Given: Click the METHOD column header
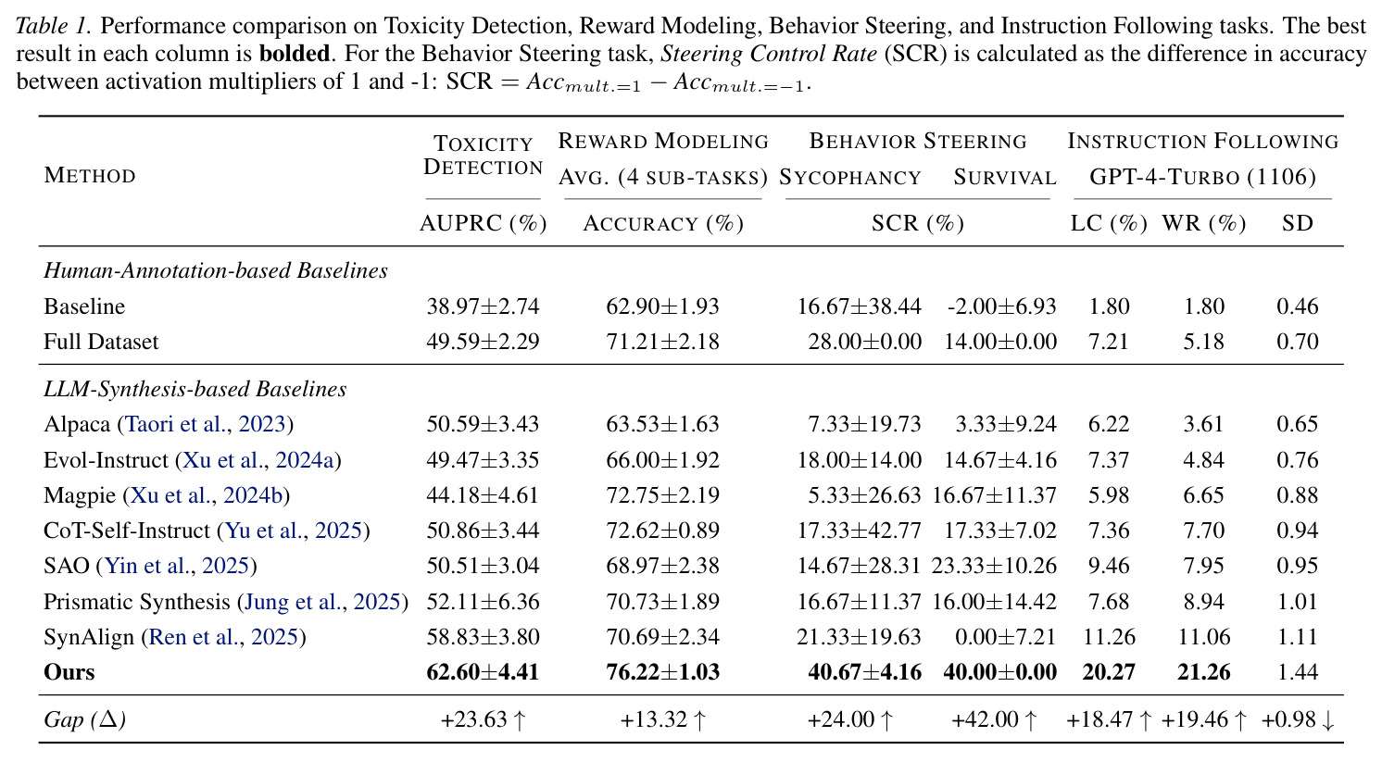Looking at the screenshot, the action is pos(90,176).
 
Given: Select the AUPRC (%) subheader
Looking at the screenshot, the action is pos(484,223).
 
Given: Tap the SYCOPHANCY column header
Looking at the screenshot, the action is pos(850,178).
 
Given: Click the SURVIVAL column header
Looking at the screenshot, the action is pos(1005,178).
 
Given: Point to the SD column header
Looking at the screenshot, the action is pos(1297,223).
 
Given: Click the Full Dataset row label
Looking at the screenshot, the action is pos(101,342).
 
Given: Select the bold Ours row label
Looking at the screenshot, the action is pos(69,672).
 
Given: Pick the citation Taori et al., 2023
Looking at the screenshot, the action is pos(206,424).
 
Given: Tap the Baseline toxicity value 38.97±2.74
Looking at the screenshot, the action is pos(483,306).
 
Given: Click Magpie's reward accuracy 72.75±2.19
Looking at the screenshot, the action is pos(662,495).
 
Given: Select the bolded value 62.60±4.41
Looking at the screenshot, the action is pos(483,672).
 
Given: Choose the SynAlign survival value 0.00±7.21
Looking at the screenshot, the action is pos(1006,637).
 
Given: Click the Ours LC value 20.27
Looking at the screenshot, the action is pos(1109,672).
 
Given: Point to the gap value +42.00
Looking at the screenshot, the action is pos(985,719).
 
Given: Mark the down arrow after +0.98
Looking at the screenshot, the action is pos(1328,720).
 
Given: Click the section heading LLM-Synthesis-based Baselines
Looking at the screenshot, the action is pos(195,389).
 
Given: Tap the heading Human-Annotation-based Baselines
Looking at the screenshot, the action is pos(216,270).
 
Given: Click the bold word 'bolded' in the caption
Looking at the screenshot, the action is pos(295,54).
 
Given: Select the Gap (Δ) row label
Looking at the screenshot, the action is pos(84,719).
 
